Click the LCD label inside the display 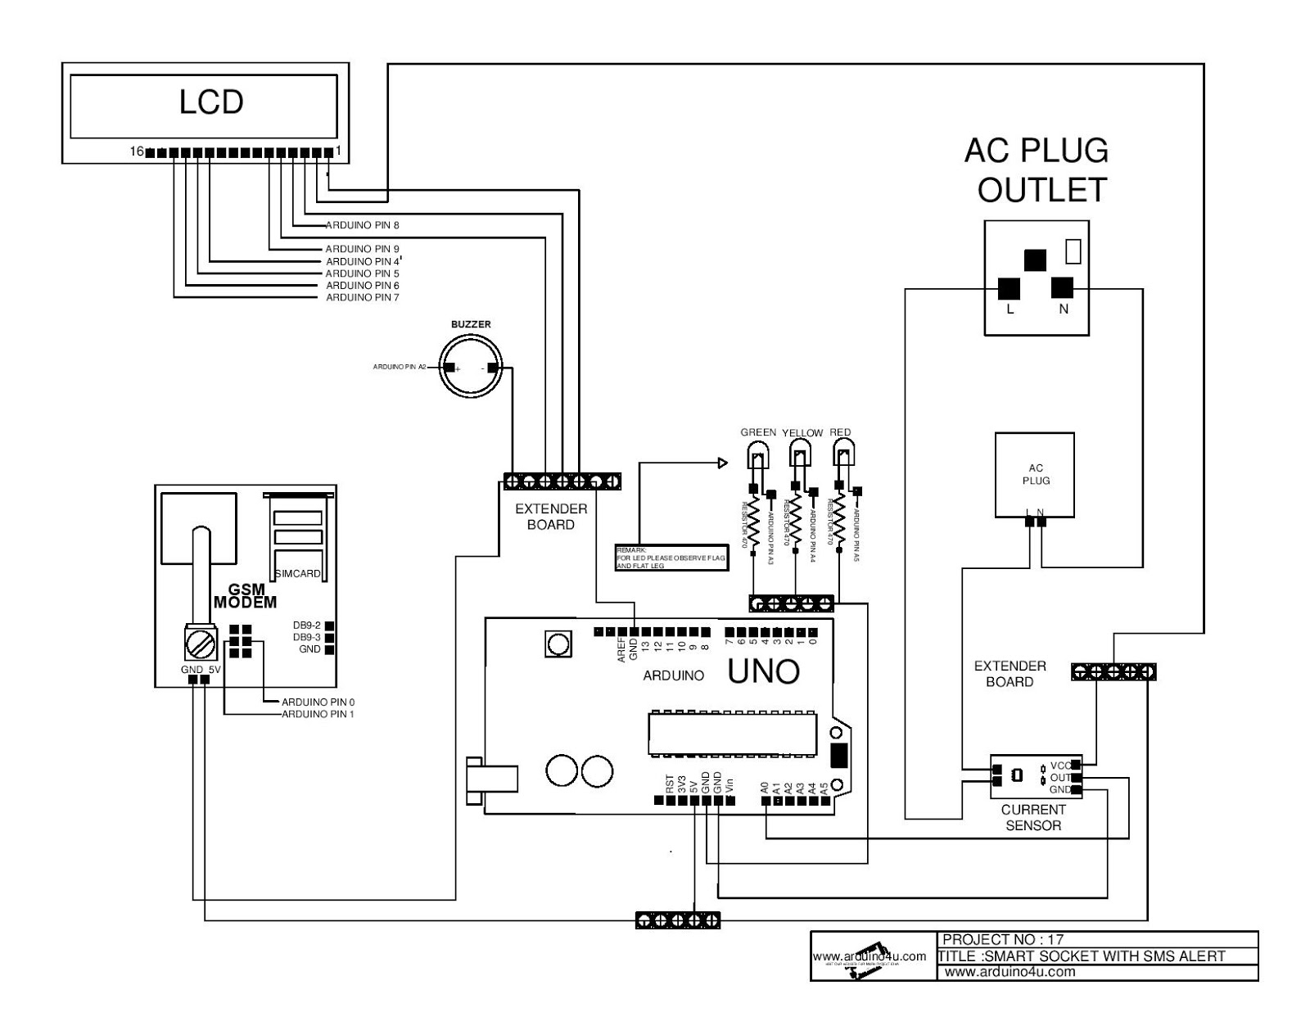point(211,102)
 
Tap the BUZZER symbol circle point(470,368)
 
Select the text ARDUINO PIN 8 point(362,225)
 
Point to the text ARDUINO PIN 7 point(362,297)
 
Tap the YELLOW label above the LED point(802,432)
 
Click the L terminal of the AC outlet point(1009,289)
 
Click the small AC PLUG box point(1035,475)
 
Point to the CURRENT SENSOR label point(1033,817)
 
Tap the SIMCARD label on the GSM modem point(297,573)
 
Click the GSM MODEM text point(246,595)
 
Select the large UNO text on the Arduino point(763,672)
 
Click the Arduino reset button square point(558,644)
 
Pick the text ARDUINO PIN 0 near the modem point(318,702)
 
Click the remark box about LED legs point(671,557)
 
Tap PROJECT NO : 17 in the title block point(1002,939)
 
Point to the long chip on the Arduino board point(732,734)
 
